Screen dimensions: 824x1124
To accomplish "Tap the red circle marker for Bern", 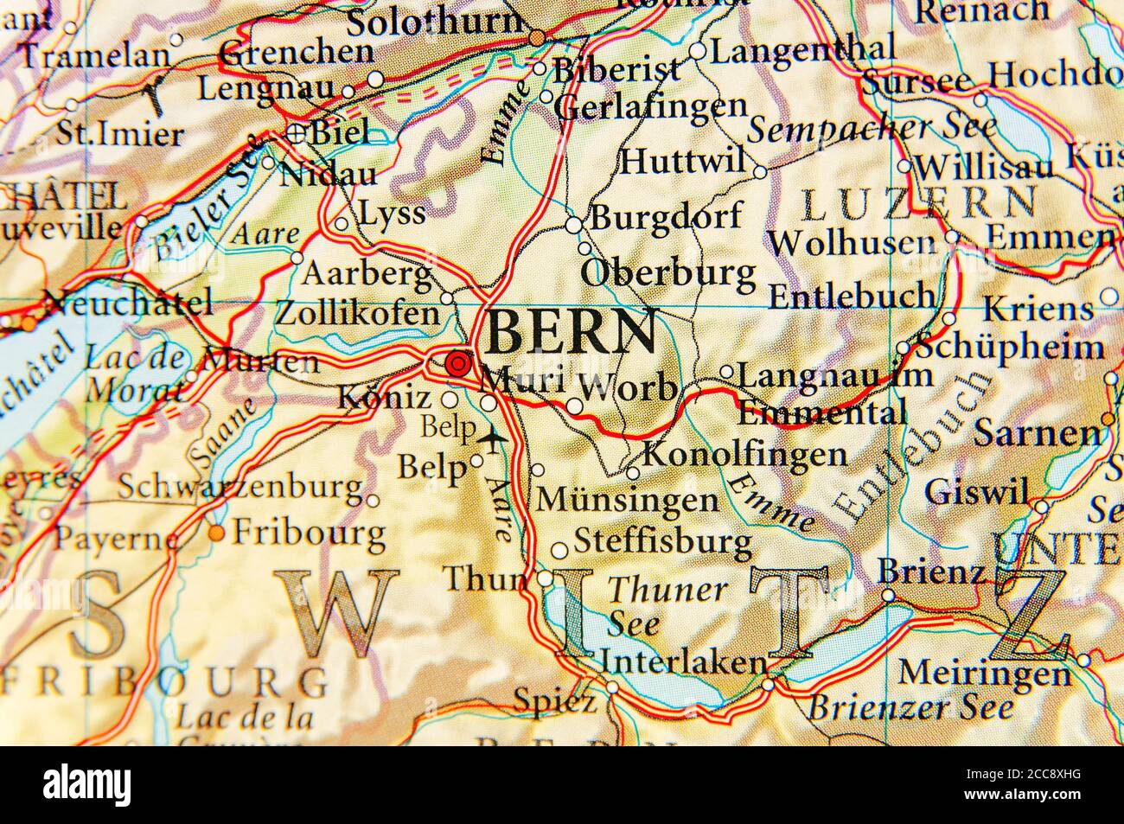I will tap(456, 364).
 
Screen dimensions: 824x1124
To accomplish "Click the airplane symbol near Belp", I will tap(492, 440).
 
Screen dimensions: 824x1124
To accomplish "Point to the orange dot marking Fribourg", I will tap(216, 533).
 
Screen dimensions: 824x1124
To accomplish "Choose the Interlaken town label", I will tap(683, 662).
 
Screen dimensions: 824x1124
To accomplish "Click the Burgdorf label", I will tap(666, 216).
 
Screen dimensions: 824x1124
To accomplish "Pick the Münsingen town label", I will tap(628, 499).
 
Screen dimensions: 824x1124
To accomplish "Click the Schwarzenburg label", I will tap(239, 488).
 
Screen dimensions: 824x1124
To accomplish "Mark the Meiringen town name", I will tap(984, 672).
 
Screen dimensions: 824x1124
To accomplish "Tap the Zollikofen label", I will tap(357, 313).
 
